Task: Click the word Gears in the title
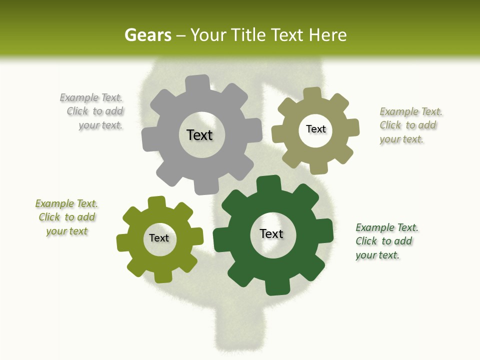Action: [147, 35]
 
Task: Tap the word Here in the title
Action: [327, 35]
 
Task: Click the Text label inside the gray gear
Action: [199, 135]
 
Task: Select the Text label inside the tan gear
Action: [315, 129]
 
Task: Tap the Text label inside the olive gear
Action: [159, 238]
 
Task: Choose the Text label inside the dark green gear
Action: [271, 233]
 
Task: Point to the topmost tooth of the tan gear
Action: [312, 94]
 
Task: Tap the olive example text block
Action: [67, 217]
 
